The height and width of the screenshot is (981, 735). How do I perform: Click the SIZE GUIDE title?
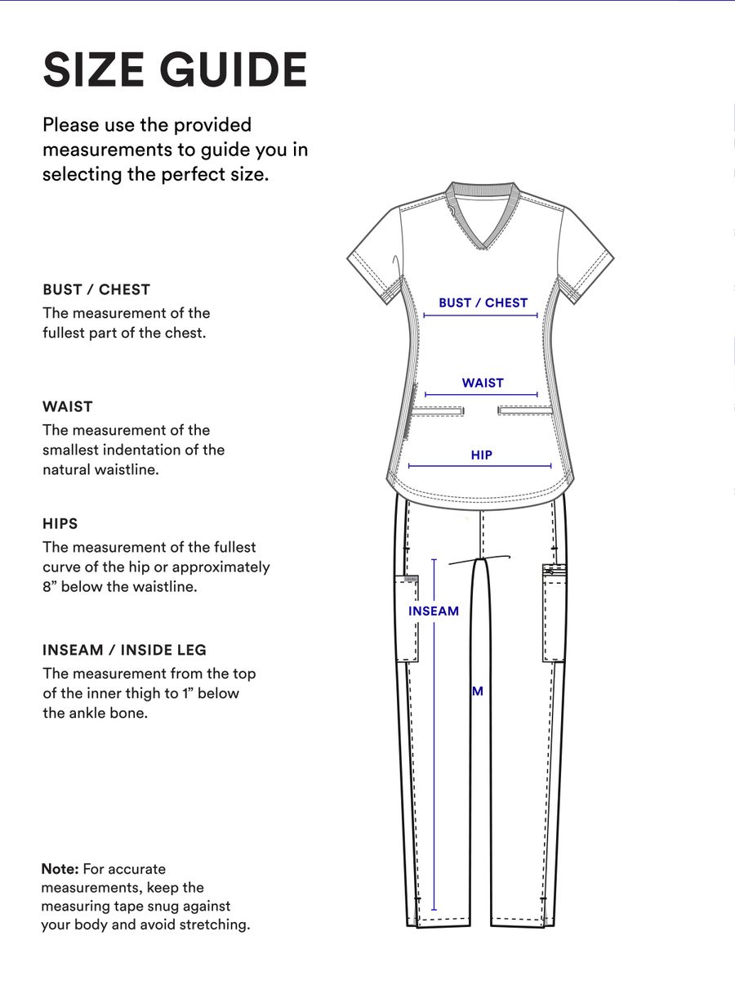point(175,69)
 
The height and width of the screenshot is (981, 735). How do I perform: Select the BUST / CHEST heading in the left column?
point(96,289)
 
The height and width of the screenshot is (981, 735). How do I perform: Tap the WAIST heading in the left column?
point(68,406)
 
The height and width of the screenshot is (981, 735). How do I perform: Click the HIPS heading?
point(60,523)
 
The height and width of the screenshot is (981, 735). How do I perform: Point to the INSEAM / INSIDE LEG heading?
point(124,650)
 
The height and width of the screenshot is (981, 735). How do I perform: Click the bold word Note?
point(60,869)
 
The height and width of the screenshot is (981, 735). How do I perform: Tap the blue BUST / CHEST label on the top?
point(483,302)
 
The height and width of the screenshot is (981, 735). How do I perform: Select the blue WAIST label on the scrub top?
point(483,383)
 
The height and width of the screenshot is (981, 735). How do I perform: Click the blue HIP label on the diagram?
point(481,455)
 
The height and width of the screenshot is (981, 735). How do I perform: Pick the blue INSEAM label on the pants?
point(434,611)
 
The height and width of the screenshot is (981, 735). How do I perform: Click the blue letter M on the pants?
point(478,691)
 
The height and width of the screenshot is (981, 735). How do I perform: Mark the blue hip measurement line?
point(481,466)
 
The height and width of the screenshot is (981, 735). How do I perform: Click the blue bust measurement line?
point(481,315)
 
